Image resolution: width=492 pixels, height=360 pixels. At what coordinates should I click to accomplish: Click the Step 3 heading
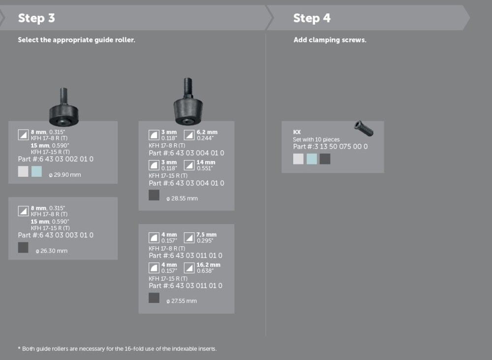[x=36, y=18]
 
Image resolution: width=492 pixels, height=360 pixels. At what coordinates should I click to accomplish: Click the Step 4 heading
[x=311, y=18]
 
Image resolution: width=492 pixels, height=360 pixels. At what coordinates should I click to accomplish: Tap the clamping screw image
[x=364, y=129]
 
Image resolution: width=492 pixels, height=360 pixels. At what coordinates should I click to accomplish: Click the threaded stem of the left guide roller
[x=63, y=97]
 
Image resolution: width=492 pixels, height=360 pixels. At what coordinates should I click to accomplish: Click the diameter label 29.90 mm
[x=65, y=175]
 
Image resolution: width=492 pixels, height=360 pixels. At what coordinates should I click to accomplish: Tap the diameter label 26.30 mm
[x=52, y=251]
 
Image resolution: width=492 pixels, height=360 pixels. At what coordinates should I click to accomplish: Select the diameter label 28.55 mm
[x=182, y=198]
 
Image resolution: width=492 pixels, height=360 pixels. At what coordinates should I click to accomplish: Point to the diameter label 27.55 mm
[x=182, y=301]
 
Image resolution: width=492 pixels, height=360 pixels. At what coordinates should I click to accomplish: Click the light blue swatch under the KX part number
[x=311, y=159]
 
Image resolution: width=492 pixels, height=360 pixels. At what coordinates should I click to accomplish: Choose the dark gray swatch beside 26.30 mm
[x=23, y=248]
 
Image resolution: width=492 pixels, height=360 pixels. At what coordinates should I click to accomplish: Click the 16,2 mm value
[x=208, y=265]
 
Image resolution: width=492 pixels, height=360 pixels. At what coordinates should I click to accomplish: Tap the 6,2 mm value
[x=207, y=132]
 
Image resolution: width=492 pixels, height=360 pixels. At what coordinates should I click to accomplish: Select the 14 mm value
[x=206, y=163]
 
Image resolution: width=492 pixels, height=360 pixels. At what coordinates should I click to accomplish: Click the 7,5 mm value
[x=207, y=234]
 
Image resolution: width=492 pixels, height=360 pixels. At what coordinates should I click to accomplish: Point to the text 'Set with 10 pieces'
[x=316, y=139]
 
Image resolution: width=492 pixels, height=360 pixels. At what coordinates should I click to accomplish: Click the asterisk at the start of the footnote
[x=19, y=348]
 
